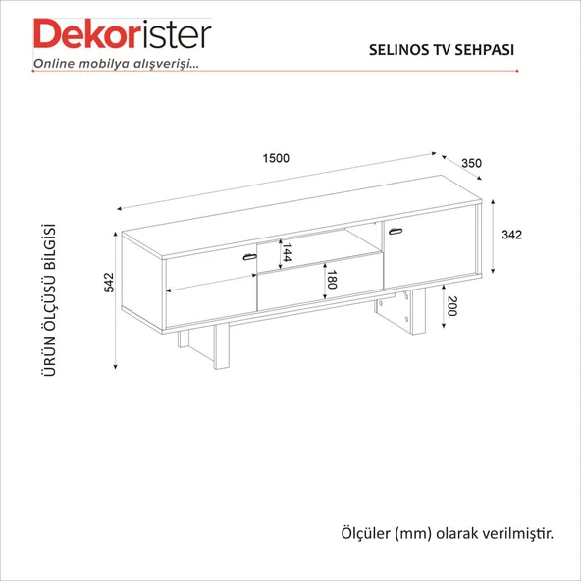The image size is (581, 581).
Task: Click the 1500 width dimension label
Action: tap(276, 158)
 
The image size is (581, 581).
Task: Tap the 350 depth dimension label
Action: tap(471, 163)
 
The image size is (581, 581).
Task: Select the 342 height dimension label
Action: tap(511, 235)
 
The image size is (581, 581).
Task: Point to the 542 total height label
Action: tap(109, 283)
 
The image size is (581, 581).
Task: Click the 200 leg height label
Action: tap(451, 306)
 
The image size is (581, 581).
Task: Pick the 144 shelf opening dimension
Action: tap(288, 252)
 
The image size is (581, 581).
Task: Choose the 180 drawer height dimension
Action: tap(332, 280)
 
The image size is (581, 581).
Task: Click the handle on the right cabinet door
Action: tap(396, 232)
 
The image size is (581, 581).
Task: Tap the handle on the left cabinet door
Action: tap(249, 257)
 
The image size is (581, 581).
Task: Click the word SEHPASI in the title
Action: tap(484, 50)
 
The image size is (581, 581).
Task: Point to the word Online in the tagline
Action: tap(55, 64)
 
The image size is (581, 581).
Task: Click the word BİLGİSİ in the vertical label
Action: tap(49, 246)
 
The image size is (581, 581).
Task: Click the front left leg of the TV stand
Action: tap(221, 345)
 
